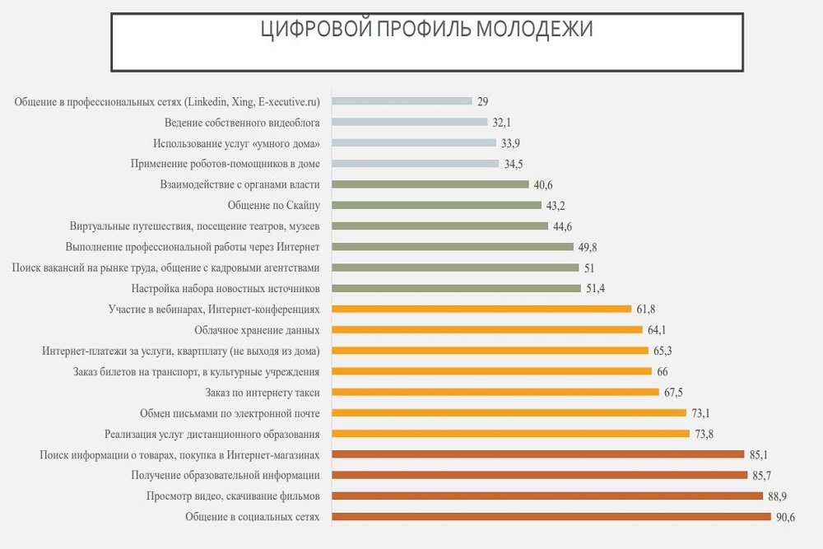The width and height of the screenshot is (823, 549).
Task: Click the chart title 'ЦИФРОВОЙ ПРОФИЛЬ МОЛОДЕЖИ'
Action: click(426, 30)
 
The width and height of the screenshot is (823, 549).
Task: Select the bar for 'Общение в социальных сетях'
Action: click(551, 517)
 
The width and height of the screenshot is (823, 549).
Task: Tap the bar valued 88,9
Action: click(546, 495)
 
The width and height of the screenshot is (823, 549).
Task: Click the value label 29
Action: click(483, 101)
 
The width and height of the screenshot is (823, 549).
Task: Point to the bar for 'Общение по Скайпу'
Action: click(436, 205)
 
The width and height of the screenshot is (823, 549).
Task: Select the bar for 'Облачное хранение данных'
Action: click(486, 330)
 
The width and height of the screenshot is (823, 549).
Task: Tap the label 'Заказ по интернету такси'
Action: click(263, 392)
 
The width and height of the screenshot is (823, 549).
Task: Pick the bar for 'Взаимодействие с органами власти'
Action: click(430, 184)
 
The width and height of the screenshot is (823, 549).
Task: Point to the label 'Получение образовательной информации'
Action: click(226, 475)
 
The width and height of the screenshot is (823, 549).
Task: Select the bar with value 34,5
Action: click(415, 163)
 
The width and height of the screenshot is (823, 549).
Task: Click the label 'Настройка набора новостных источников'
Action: click(226, 288)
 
